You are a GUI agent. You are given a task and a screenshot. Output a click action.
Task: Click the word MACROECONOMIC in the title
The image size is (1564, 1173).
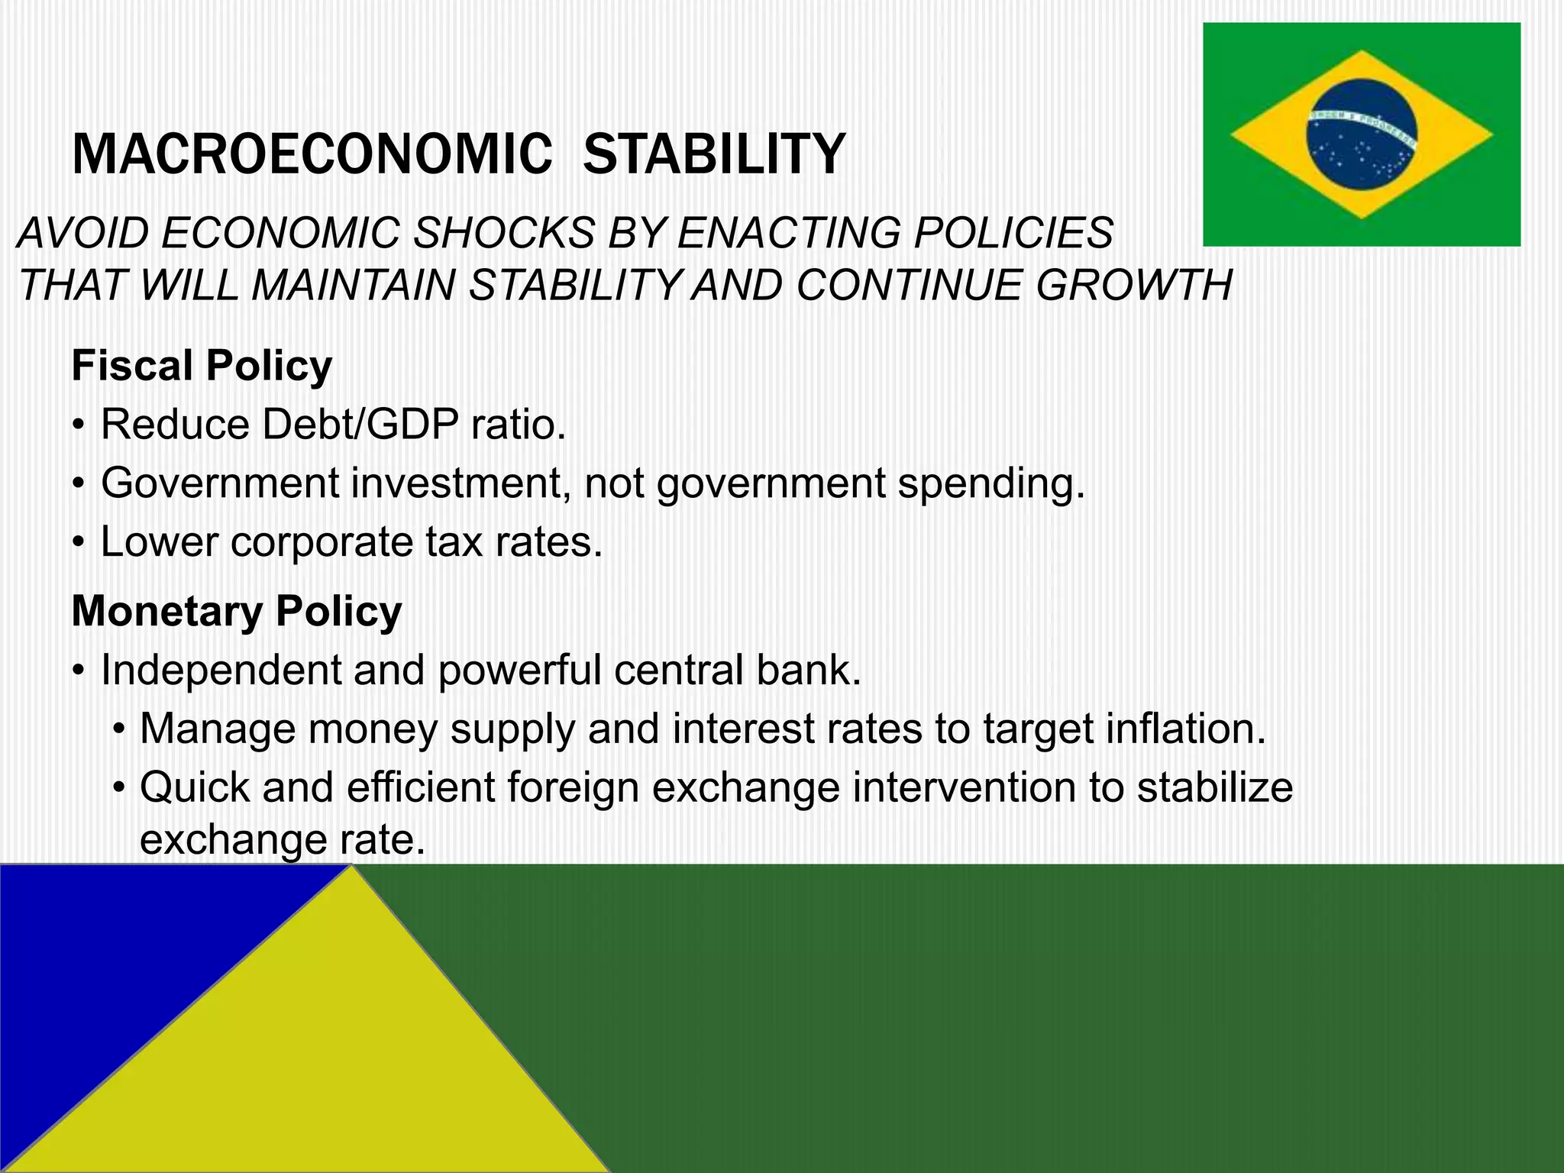click(312, 154)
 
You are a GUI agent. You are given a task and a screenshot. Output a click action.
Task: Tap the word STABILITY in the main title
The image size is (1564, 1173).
click(714, 154)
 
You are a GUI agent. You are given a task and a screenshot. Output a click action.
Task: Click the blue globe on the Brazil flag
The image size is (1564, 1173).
click(1361, 134)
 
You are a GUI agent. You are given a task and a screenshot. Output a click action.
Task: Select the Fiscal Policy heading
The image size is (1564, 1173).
click(202, 365)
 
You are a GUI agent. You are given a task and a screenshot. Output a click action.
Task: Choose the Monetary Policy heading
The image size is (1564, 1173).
click(236, 611)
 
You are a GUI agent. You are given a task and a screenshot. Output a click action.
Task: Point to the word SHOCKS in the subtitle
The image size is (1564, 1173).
click(504, 233)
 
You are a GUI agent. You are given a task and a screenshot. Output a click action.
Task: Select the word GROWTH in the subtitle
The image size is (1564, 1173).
click(1134, 286)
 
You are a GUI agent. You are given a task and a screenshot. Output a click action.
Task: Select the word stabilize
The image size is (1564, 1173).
click(1214, 787)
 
